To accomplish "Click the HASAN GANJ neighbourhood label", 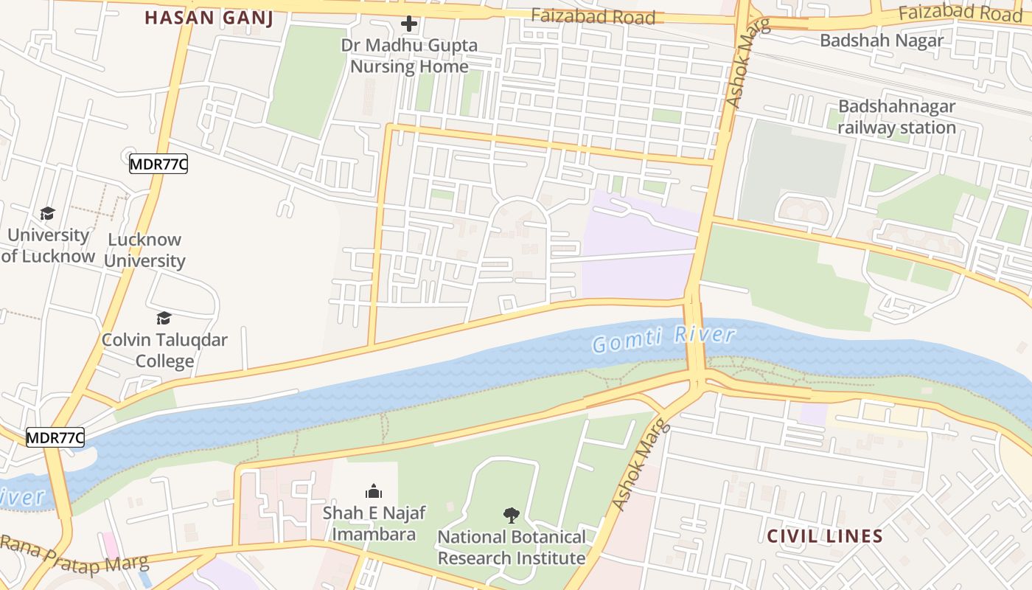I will click(x=209, y=18).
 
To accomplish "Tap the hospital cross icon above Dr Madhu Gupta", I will click(x=409, y=24).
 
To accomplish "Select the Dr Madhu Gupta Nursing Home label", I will click(x=409, y=56).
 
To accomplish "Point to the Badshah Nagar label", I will click(x=882, y=41).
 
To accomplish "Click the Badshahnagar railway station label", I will click(x=896, y=117).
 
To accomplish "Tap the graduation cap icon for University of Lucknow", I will click(x=48, y=214).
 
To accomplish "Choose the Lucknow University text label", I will click(x=144, y=250).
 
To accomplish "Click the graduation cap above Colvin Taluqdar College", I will click(x=164, y=318).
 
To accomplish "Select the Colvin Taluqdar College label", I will click(x=164, y=350).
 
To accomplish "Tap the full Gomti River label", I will click(x=663, y=339).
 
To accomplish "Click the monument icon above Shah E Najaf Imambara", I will click(x=374, y=491).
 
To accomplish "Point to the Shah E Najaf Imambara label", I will click(x=374, y=523).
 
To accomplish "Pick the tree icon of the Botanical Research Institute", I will click(x=512, y=515).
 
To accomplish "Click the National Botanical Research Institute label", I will click(x=512, y=547).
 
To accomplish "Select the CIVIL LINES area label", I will click(x=825, y=536).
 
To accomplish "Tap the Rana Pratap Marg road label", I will click(x=74, y=553).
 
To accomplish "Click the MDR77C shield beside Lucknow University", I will click(x=158, y=164).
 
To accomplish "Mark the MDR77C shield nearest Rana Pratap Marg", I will click(x=55, y=437).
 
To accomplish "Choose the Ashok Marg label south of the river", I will click(x=639, y=465).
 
